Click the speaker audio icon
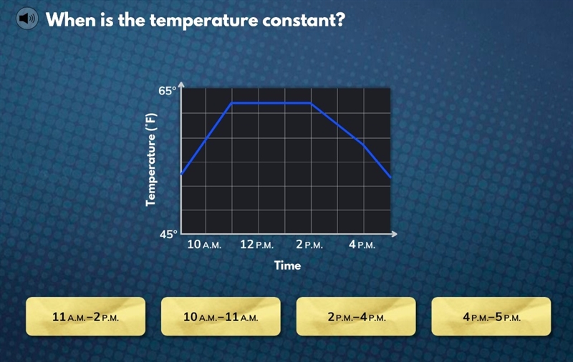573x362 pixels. coord(27,19)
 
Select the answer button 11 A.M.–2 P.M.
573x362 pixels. coord(85,316)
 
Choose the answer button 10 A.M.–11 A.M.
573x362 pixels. coord(221,316)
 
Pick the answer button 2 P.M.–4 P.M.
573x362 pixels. coord(356,316)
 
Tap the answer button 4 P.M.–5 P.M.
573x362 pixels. coord(491,316)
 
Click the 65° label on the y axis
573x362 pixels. coord(168,91)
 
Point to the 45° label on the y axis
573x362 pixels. coord(168,234)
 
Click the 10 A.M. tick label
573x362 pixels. coord(204,245)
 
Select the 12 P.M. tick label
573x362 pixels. coord(256,245)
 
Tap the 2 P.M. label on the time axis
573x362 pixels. coord(309,245)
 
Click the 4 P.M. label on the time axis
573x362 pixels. coord(362,245)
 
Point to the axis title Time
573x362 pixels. coord(288,265)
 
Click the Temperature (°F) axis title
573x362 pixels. coord(151,160)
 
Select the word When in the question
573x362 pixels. coord(70,19)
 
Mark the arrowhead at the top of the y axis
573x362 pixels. coord(181,84)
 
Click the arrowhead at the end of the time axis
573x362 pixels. coord(395,234)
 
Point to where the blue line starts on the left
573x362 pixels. coord(181,174)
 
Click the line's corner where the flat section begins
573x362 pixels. coord(231,103)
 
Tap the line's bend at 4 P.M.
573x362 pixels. coord(364,145)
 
